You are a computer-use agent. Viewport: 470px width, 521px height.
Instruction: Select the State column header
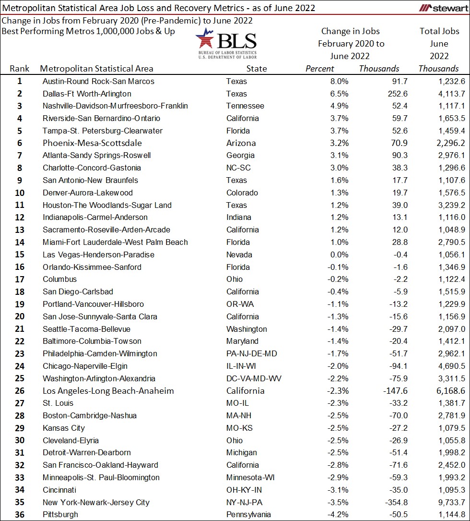(257, 69)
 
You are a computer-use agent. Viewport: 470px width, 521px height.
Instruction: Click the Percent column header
(320, 69)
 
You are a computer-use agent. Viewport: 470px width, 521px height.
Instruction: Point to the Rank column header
(20, 69)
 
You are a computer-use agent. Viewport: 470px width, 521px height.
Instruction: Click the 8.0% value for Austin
(339, 81)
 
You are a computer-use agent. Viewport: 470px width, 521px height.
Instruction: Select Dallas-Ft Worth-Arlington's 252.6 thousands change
(389, 94)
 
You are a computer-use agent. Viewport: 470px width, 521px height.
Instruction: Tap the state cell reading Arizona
(241, 143)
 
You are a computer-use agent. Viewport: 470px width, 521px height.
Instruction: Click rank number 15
(20, 254)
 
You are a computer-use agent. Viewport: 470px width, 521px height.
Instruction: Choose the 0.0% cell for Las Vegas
(339, 254)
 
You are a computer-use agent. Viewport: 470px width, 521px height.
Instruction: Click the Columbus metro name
(59, 279)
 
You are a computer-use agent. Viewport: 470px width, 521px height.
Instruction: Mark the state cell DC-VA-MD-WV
(254, 378)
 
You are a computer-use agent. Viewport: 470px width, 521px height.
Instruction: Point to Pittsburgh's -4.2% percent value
(337, 515)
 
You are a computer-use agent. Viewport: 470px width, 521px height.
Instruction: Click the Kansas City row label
(64, 428)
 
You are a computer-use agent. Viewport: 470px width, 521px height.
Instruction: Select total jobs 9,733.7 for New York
(448, 502)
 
